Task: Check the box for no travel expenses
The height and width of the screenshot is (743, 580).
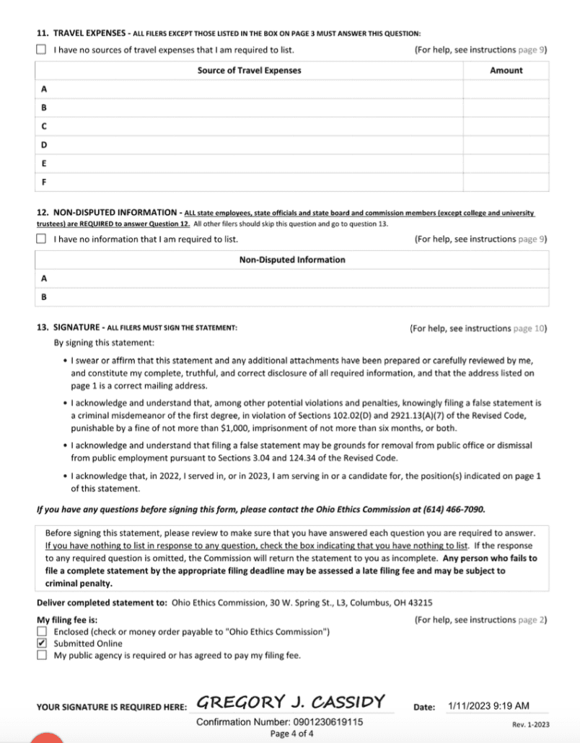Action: (41, 50)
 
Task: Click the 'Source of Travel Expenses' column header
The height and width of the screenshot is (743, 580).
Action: (249, 71)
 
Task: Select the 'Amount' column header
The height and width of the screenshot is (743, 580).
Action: (506, 71)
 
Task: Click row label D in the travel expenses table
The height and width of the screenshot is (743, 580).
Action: (44, 145)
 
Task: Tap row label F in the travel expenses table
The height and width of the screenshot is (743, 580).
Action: (44, 182)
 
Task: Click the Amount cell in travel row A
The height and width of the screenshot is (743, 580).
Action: (506, 89)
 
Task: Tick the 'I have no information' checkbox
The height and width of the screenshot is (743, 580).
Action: (41, 239)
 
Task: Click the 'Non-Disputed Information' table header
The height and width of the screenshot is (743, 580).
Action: (291, 260)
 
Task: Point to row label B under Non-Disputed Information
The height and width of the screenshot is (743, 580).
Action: (44, 296)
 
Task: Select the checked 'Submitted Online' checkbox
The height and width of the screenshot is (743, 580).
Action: (41, 643)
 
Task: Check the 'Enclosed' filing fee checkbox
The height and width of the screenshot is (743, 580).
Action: (41, 632)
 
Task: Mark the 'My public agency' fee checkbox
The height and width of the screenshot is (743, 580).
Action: (41, 655)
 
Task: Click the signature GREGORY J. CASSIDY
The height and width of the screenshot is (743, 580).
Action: (291, 702)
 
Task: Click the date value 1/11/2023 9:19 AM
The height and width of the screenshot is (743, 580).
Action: (488, 705)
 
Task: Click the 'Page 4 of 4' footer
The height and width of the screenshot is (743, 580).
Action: (291, 734)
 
